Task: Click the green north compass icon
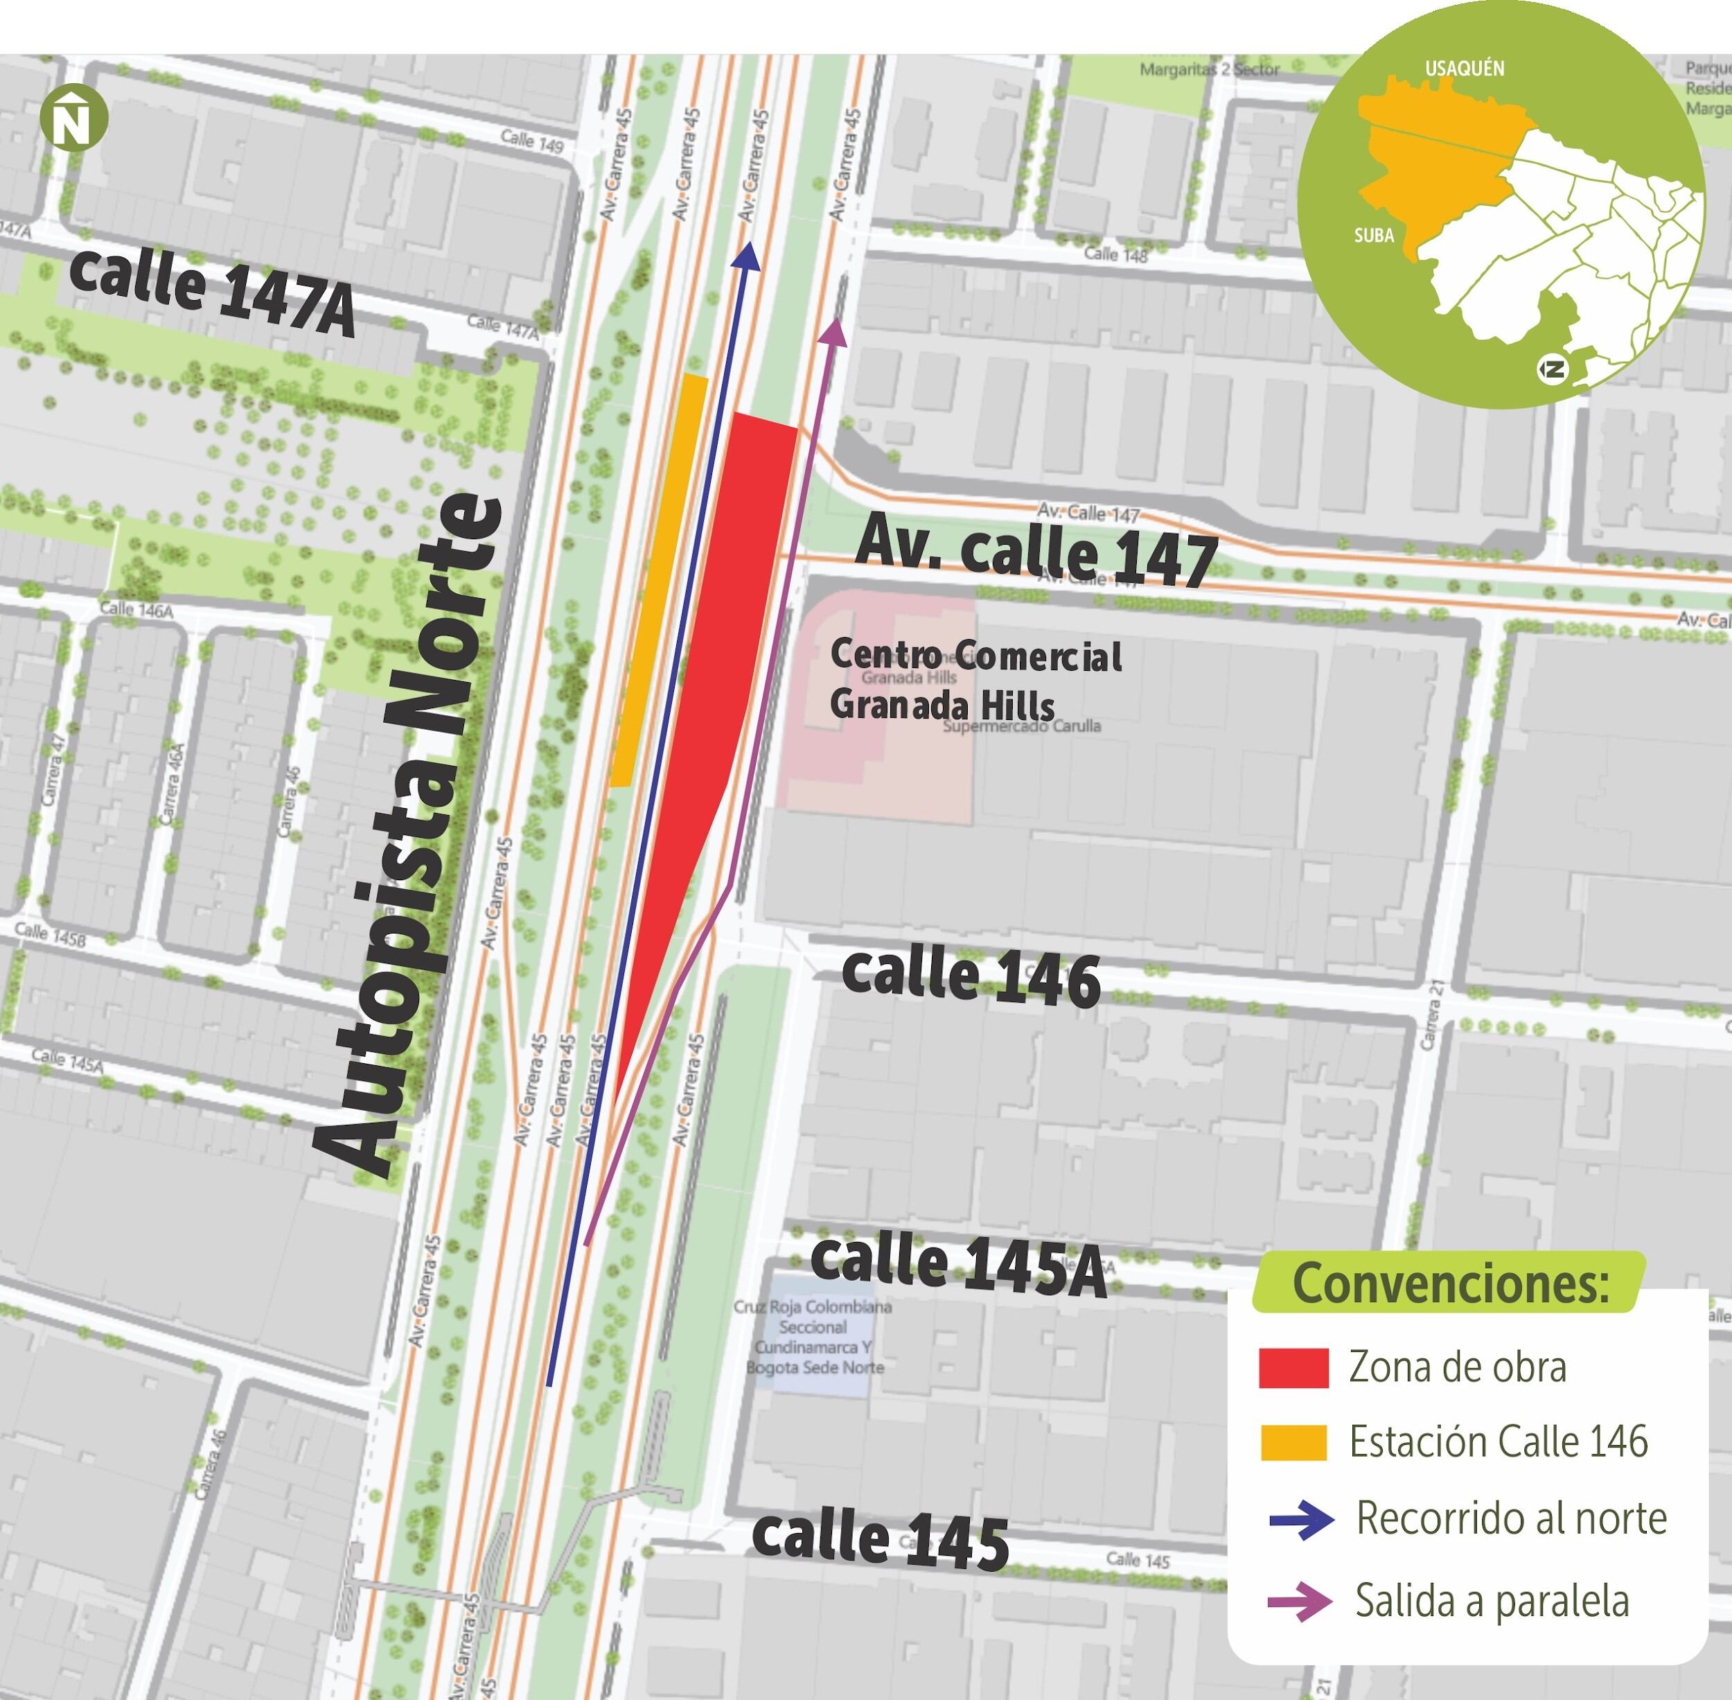(x=73, y=118)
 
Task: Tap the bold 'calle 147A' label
(x=211, y=291)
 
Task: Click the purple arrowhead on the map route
(x=833, y=332)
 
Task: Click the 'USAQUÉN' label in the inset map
(x=1464, y=69)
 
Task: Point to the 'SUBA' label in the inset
(x=1374, y=236)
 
